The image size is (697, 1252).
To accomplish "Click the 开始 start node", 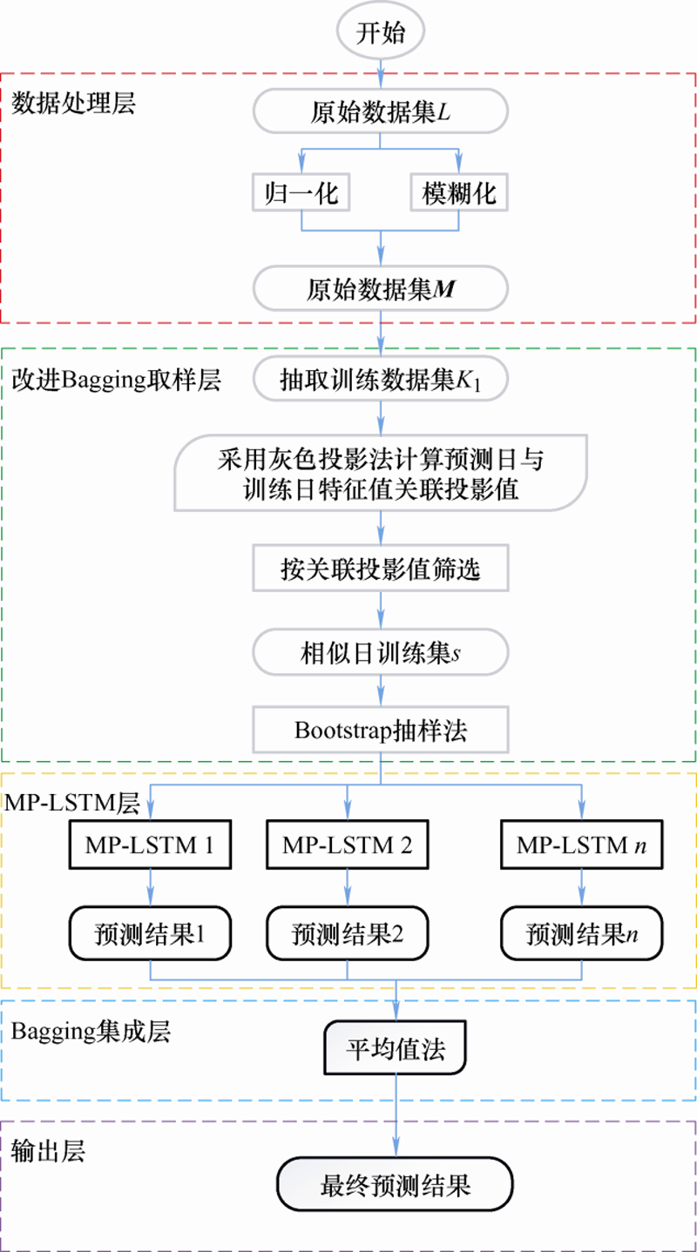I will coord(380,33).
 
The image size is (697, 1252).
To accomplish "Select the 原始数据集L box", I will coord(380,113).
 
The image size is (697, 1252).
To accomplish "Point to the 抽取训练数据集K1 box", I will coord(380,380).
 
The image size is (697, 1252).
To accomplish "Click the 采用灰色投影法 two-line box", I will coord(380,474).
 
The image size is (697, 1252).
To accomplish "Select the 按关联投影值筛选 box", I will coord(380,569).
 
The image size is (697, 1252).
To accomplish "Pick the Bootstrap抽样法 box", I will coord(380,730).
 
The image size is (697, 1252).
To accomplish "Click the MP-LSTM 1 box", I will coord(152,845).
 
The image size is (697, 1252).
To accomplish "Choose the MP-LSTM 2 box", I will coord(348,845).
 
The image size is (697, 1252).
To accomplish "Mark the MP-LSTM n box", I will coord(581,845).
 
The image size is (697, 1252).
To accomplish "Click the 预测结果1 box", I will coord(152,934).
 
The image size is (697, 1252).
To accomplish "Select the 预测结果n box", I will coord(581,934).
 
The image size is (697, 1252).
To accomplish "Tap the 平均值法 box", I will coord(396,1049).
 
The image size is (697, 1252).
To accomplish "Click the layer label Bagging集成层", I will coord(91,1033).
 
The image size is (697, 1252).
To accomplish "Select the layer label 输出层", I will coord(48,1151).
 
